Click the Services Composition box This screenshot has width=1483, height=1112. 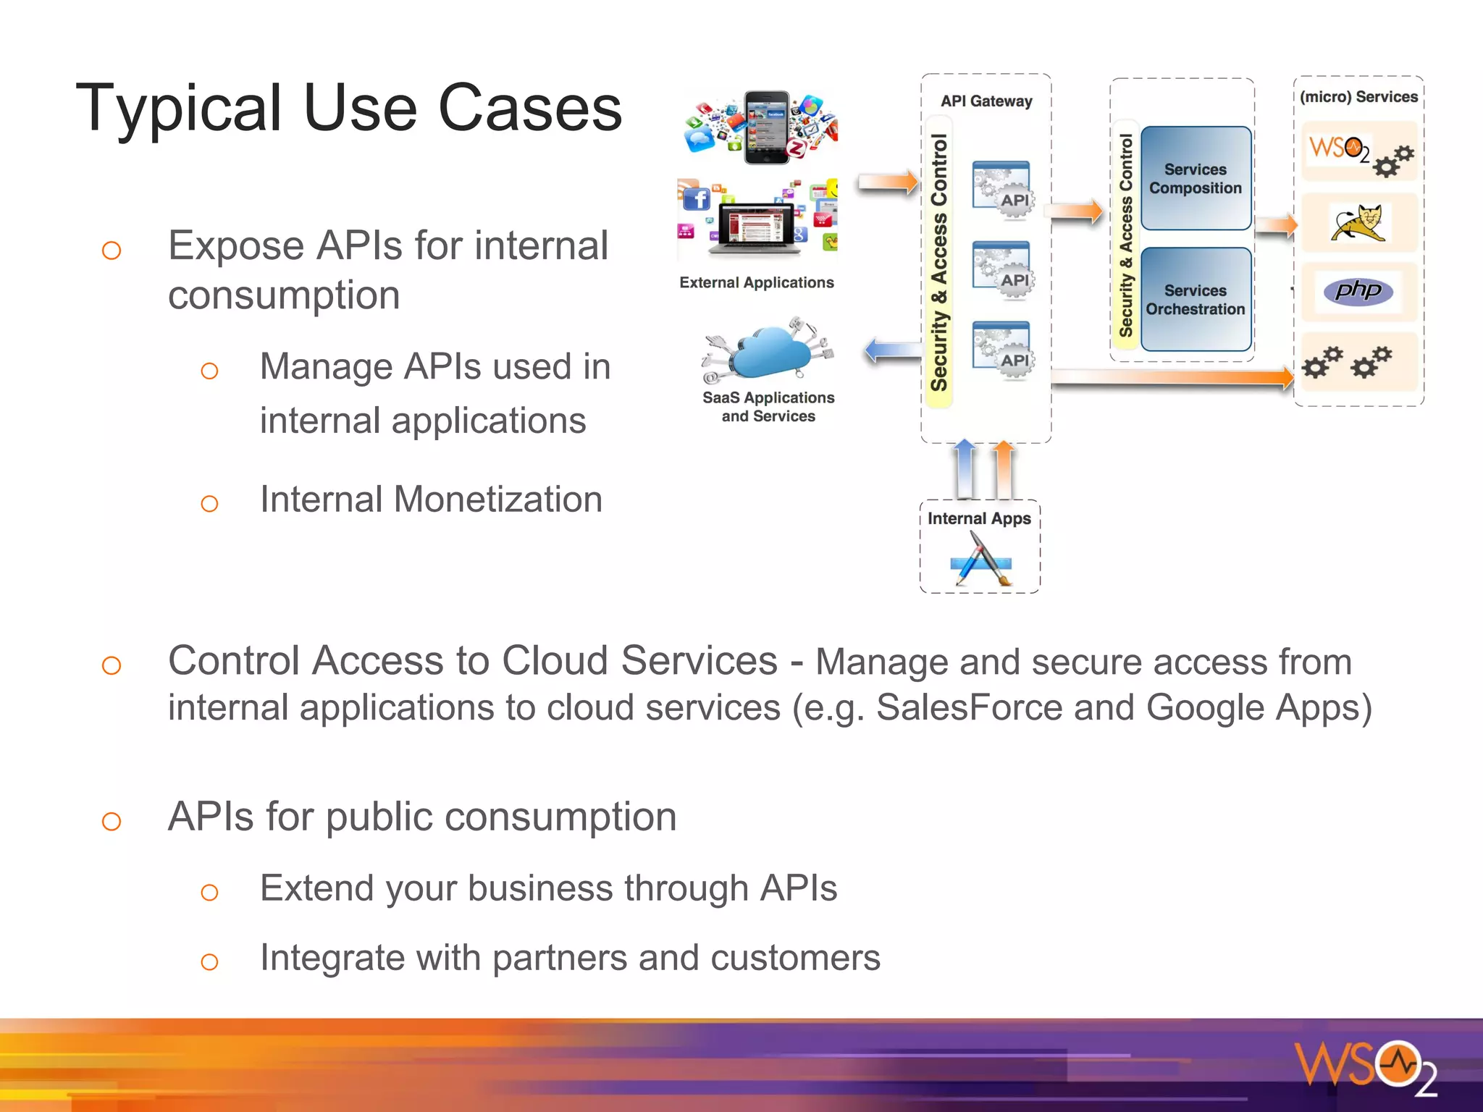[1196, 178]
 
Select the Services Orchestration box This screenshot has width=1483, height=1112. [1196, 299]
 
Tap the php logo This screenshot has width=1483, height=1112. [1358, 291]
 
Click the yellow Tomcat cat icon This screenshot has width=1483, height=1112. [1358, 223]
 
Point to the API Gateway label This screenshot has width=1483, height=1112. [986, 101]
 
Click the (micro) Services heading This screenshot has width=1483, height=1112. [1358, 97]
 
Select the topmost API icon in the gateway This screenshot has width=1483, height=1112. [1003, 188]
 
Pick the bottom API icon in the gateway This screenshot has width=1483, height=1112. [1003, 349]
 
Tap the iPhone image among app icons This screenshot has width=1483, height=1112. [768, 127]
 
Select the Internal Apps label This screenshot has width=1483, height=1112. [979, 518]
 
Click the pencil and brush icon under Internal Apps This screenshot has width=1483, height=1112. [980, 559]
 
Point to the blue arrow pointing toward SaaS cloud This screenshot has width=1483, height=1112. [892, 352]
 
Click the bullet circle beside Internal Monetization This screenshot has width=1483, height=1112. [209, 503]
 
